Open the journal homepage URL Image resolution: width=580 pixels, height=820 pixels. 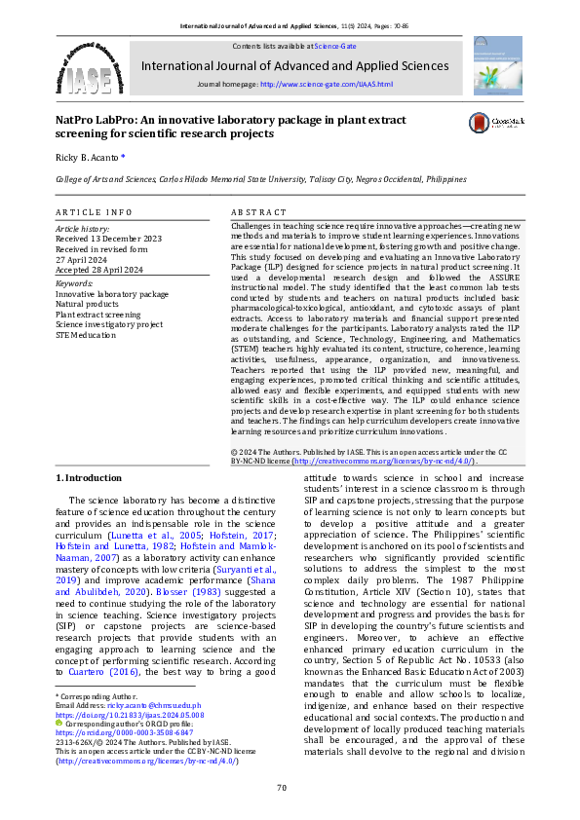click(x=327, y=85)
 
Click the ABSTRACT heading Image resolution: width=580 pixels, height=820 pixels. click(x=258, y=211)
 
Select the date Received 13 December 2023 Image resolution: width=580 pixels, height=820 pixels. click(x=108, y=238)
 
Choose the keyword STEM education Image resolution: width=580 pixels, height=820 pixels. click(x=86, y=335)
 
